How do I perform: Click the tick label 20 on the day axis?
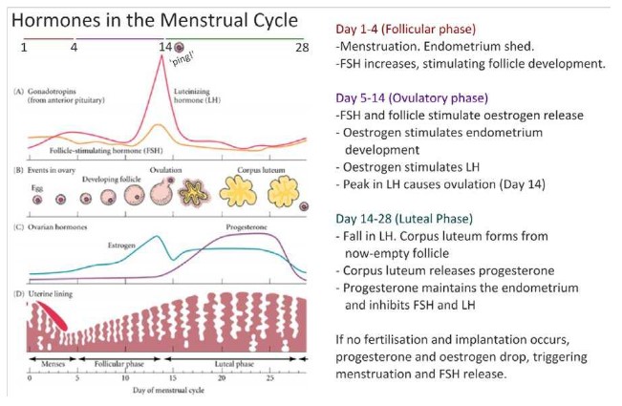click(x=222, y=379)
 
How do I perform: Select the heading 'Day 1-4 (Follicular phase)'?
click(x=404, y=28)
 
